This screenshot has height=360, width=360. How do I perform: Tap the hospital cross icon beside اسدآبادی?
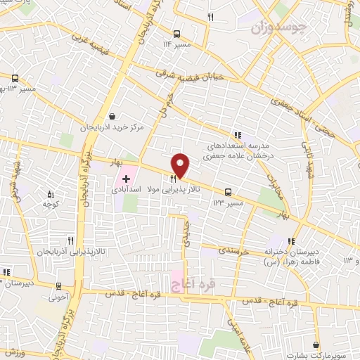[127, 179]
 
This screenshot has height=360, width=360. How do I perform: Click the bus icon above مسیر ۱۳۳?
[228, 192]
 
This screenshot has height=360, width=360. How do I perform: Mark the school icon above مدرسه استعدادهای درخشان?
[238, 135]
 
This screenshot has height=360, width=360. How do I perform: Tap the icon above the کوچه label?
[50, 193]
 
